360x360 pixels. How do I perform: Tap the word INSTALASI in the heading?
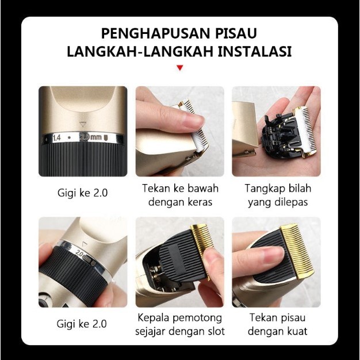click(255, 51)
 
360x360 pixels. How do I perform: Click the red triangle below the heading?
click(180, 68)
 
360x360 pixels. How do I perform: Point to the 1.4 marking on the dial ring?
click(57, 138)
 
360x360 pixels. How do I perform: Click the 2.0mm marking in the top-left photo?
click(91, 137)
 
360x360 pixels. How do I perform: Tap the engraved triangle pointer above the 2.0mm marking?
click(82, 125)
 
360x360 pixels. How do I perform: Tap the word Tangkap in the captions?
click(261, 189)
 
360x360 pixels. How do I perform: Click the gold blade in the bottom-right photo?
click(297, 251)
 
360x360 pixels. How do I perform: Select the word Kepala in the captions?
click(154, 318)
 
